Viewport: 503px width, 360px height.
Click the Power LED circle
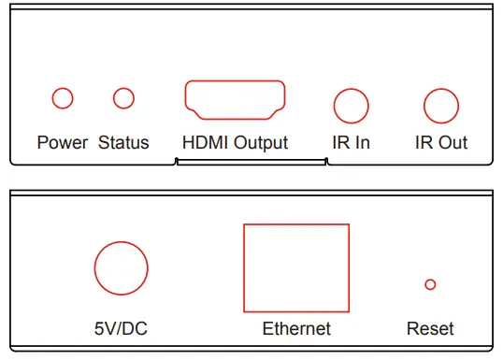click(x=63, y=97)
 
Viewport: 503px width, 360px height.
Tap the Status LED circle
click(x=122, y=97)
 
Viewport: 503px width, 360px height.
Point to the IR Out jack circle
click(x=440, y=105)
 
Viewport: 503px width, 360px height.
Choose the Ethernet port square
click(x=295, y=267)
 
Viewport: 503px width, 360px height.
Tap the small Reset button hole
click(x=430, y=284)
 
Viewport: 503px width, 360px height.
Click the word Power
click(x=63, y=143)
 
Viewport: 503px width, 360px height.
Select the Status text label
click(x=123, y=143)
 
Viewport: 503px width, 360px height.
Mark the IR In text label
click(x=351, y=143)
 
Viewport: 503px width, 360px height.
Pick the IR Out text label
click(x=441, y=143)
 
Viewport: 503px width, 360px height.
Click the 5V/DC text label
click(x=122, y=328)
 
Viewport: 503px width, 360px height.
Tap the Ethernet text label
click(x=296, y=328)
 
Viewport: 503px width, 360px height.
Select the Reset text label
click(x=430, y=328)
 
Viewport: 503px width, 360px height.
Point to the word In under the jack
click(x=361, y=143)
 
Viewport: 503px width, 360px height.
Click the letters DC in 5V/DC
click(x=136, y=328)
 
